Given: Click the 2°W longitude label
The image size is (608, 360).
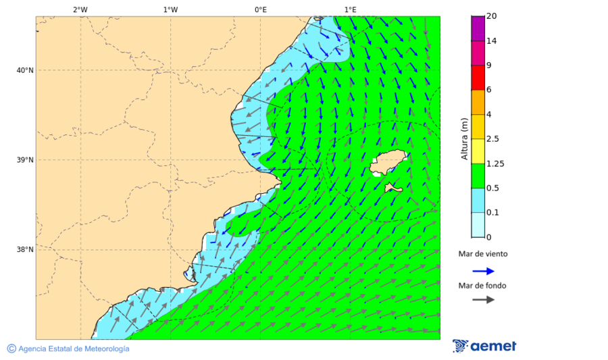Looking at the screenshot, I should [80, 9].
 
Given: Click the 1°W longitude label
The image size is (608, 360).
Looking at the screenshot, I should [170, 9].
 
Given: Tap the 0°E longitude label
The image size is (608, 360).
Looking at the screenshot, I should [260, 9].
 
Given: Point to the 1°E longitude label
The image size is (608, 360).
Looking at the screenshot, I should [350, 9].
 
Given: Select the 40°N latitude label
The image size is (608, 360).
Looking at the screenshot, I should [25, 70].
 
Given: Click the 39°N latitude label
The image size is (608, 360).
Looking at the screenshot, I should [25, 160].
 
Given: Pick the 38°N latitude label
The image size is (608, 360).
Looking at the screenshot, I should [25, 249].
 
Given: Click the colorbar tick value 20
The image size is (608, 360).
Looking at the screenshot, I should [492, 16].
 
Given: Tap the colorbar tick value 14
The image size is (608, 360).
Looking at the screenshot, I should [492, 41].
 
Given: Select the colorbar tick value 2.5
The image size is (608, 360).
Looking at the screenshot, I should [492, 139].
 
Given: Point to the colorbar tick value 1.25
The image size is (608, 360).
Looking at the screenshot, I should [495, 163].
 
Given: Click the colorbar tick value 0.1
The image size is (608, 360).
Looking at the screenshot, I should [492, 213].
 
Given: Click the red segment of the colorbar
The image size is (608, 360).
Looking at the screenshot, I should [478, 78].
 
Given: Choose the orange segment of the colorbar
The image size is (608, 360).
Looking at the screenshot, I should [478, 102].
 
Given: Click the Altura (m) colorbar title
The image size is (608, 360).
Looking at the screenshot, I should [464, 138].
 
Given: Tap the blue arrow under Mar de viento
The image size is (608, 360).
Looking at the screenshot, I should [483, 271].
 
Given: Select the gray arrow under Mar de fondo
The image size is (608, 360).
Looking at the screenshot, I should [483, 300].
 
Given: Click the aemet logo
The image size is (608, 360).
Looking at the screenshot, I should [484, 346].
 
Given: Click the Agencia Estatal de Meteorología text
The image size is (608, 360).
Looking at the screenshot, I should [74, 349].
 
